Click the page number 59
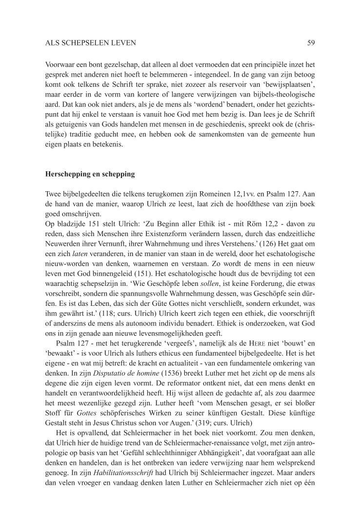[x=311, y=43]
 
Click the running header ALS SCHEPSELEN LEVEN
[x=90, y=43]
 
